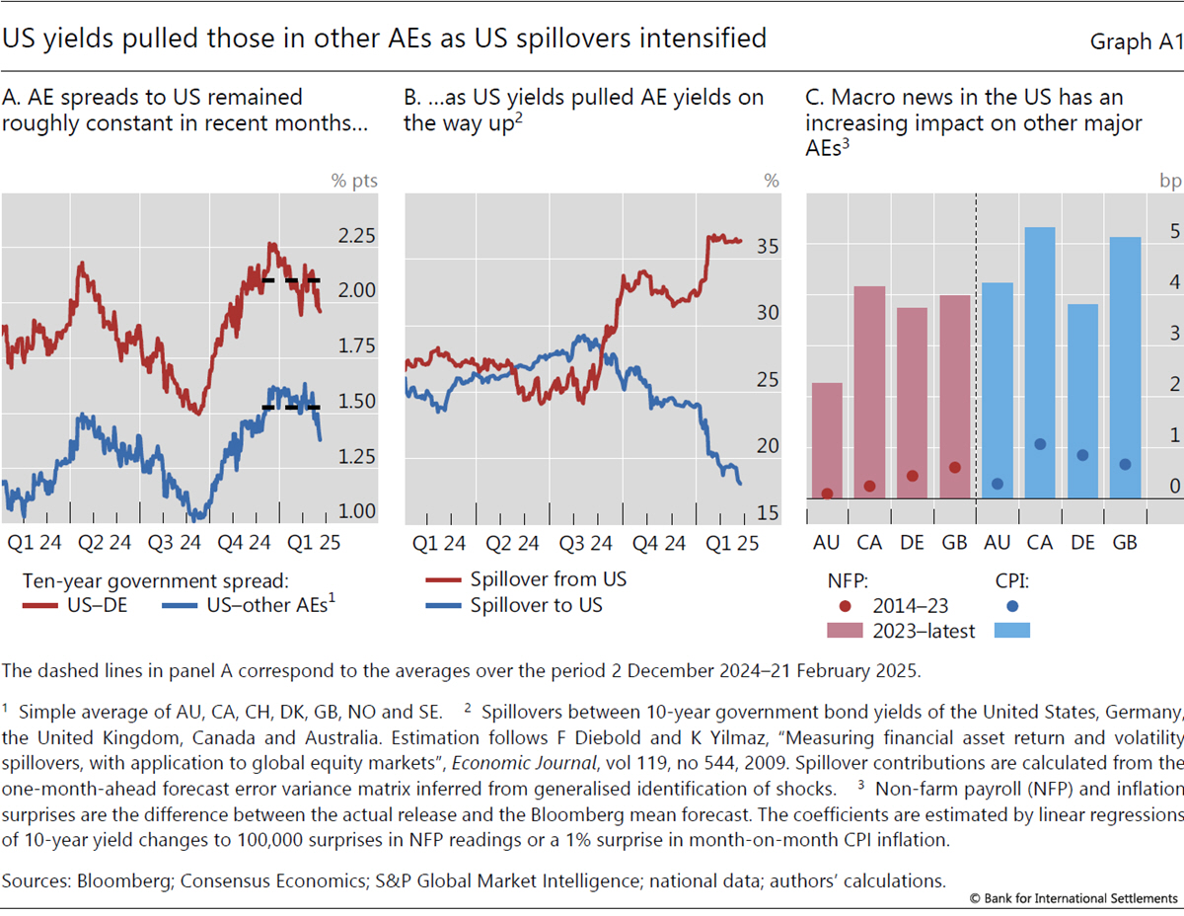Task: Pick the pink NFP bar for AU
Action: click(827, 440)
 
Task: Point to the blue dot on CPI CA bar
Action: click(1040, 444)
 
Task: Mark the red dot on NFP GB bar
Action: click(954, 468)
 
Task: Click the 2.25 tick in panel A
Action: click(355, 237)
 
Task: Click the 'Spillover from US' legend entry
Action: click(548, 579)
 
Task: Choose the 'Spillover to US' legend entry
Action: click(536, 605)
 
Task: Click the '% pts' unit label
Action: click(354, 181)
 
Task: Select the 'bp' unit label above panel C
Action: click(1168, 181)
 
